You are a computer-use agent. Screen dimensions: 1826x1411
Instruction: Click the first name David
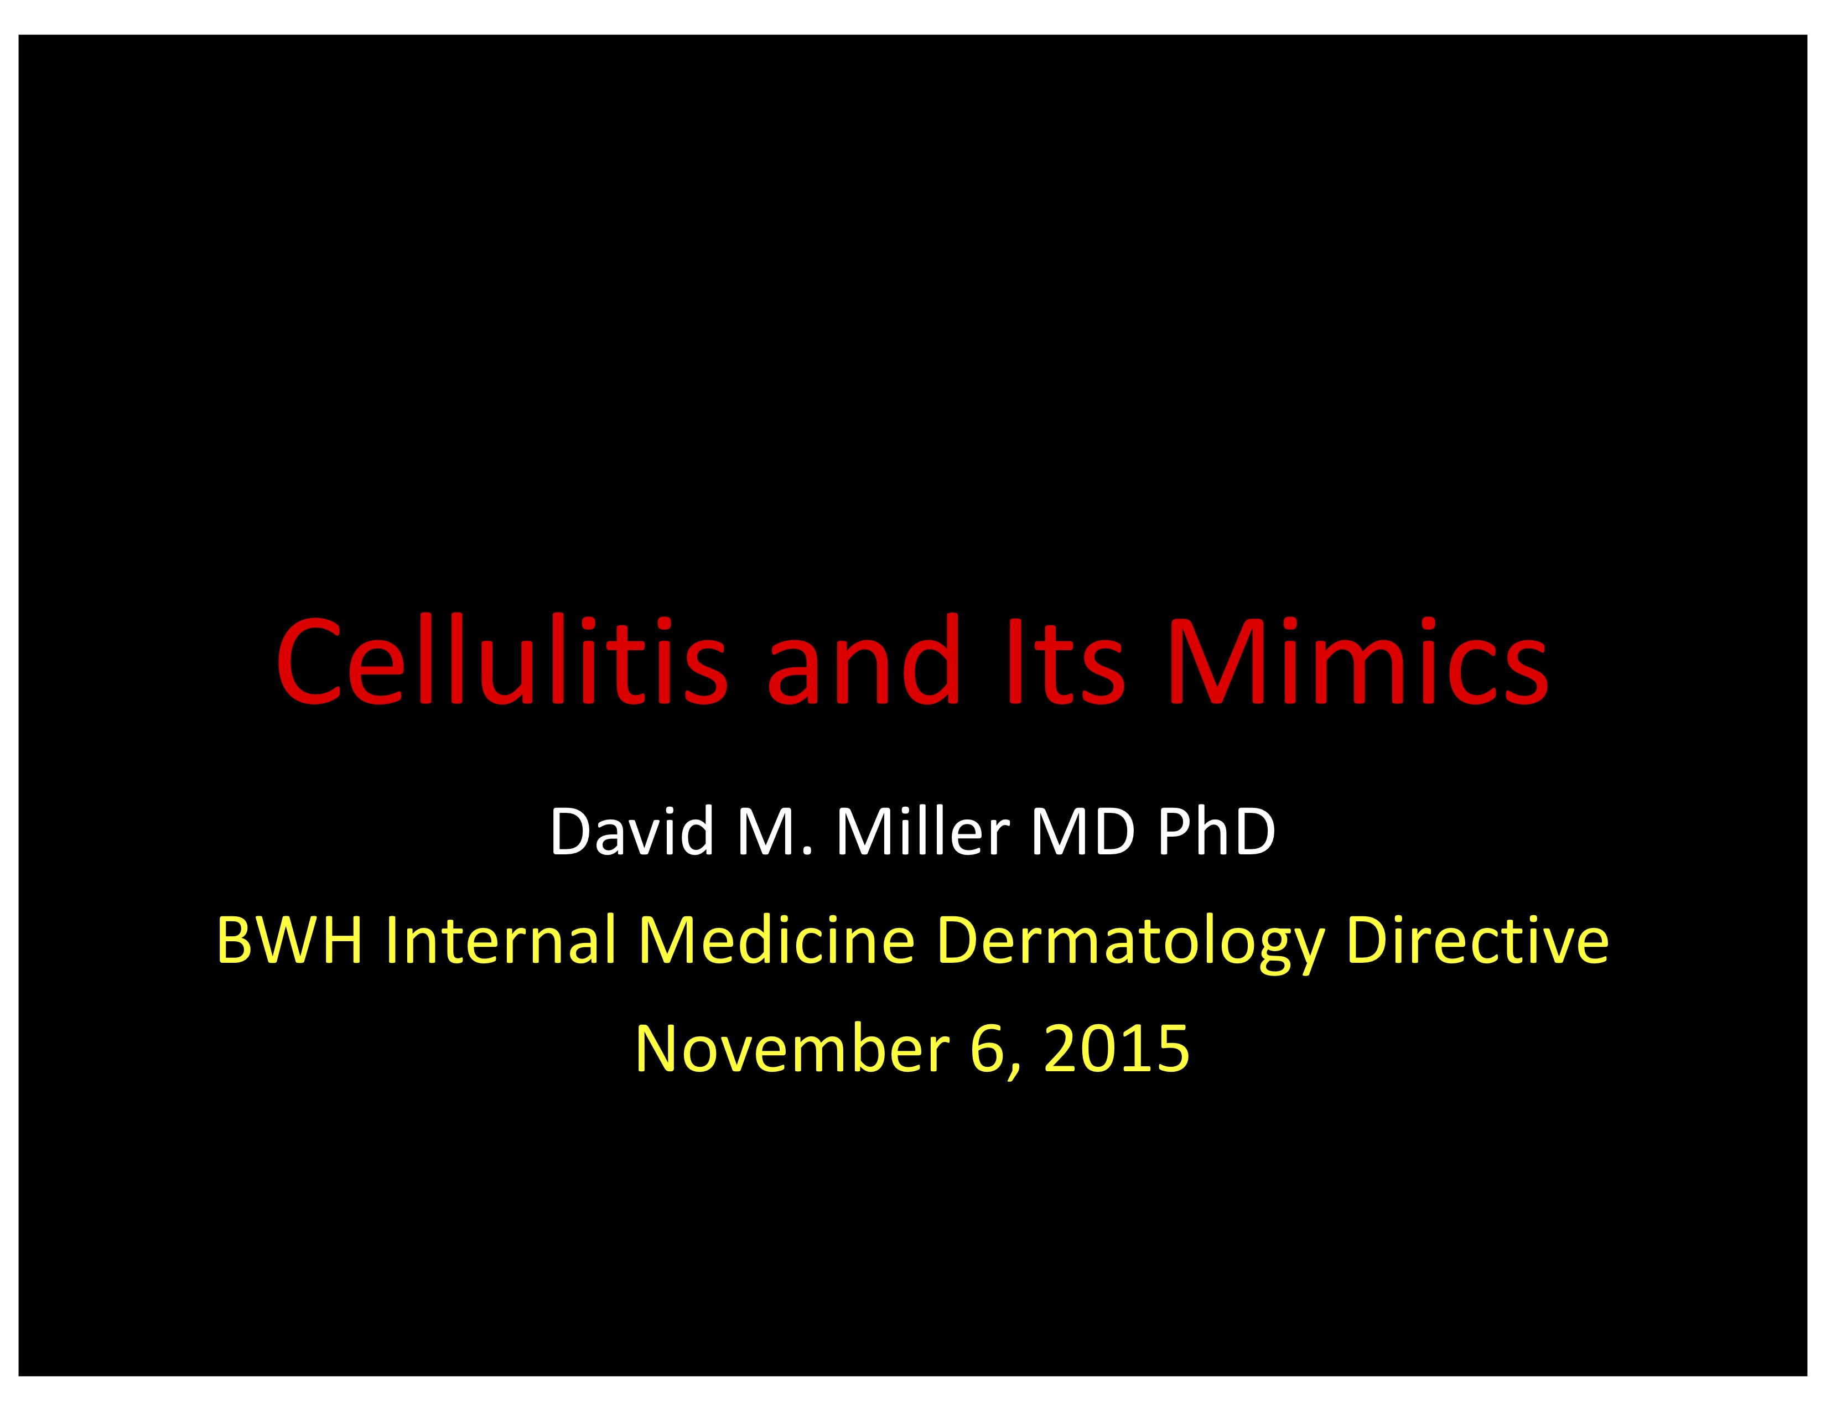(632, 832)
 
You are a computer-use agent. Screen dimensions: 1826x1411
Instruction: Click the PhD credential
(1216, 832)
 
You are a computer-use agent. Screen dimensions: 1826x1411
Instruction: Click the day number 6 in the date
(987, 1049)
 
